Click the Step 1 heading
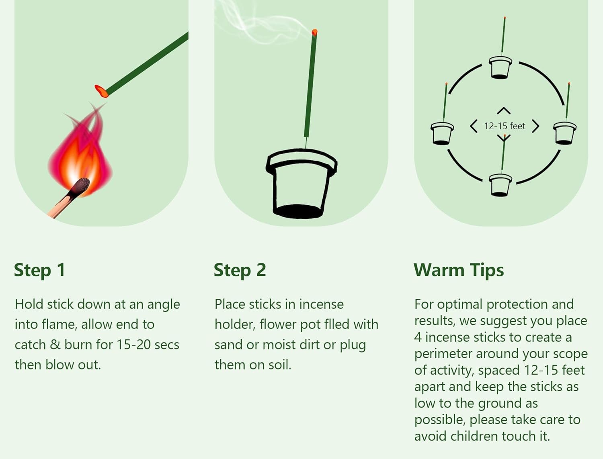(39, 270)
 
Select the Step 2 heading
(240, 270)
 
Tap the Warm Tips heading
(459, 270)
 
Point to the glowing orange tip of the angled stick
(101, 92)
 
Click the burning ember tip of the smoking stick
(314, 33)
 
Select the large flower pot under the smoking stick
(301, 183)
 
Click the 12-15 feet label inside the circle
(505, 126)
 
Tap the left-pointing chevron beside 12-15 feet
(473, 126)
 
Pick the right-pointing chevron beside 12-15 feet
(536, 126)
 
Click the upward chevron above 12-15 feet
(504, 110)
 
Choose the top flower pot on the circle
(500, 67)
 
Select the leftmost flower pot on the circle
(442, 133)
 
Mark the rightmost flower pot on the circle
(564, 133)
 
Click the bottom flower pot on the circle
(500, 185)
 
